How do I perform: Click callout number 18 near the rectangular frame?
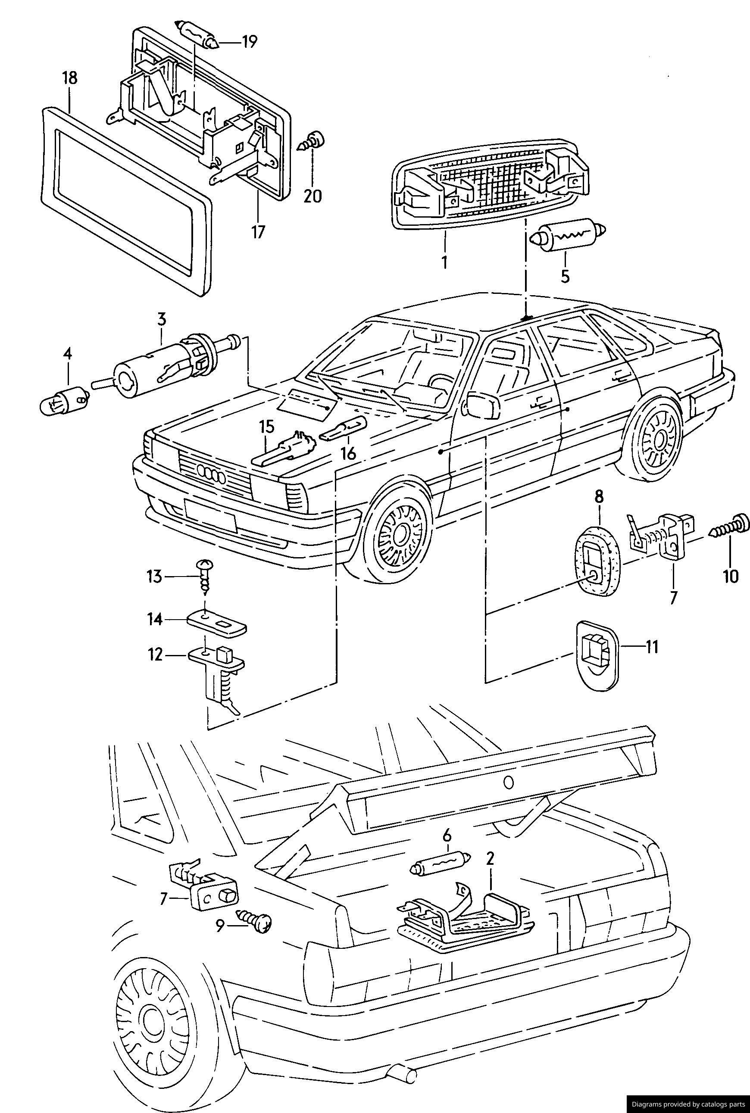(x=69, y=78)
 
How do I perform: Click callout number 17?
(x=258, y=232)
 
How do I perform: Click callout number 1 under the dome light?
(x=444, y=262)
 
